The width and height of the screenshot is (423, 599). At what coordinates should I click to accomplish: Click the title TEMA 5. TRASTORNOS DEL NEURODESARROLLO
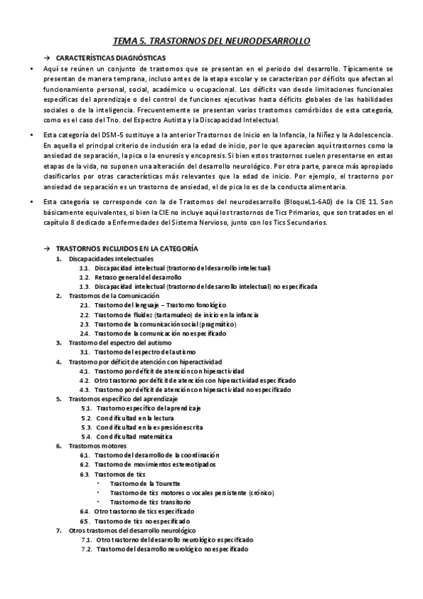coord(212,42)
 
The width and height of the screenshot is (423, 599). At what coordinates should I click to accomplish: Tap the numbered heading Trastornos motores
coord(97,446)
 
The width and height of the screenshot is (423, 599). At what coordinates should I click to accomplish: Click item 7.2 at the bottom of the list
coord(172,548)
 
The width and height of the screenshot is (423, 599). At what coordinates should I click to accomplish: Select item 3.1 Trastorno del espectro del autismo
coord(145,351)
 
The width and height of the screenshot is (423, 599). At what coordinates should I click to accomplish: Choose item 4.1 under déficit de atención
coord(169,370)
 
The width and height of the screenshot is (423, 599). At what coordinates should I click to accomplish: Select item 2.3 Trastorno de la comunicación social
coord(166,324)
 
